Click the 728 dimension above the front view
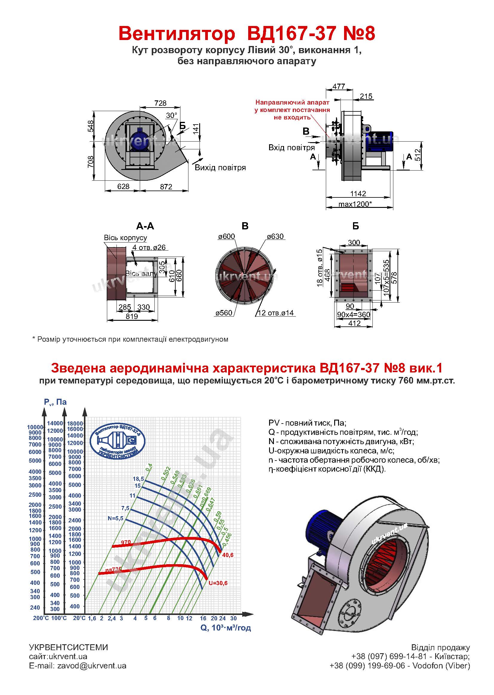click(160, 103)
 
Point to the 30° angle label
click(171, 115)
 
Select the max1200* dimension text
click(355, 204)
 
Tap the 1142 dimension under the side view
click(358, 194)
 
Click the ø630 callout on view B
click(275, 236)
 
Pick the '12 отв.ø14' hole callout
click(276, 313)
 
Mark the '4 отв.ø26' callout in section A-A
click(149, 247)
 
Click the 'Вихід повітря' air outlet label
click(220, 168)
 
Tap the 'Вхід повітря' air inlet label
click(292, 148)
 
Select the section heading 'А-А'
click(145, 226)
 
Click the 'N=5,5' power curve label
click(116, 518)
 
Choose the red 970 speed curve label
click(126, 542)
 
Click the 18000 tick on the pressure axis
click(75, 424)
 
